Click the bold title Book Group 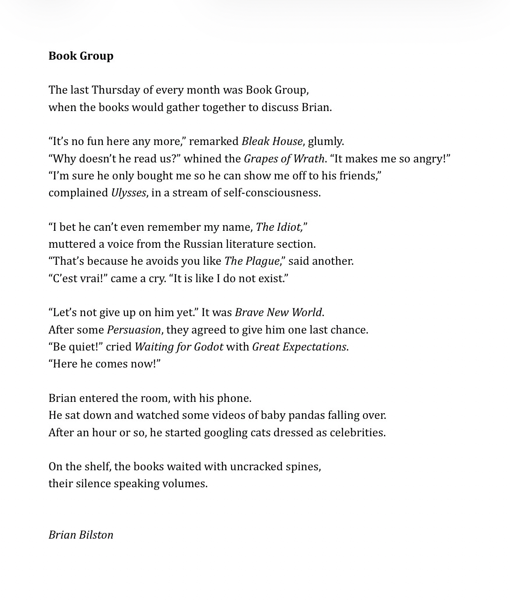(81, 56)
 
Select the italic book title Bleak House (272, 142)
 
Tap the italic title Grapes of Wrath (284, 158)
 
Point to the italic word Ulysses (128, 193)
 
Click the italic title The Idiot (278, 227)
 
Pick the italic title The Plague (252, 261)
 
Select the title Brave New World (278, 313)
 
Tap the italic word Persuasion (134, 330)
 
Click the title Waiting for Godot (179, 347)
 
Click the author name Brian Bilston (81, 535)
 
